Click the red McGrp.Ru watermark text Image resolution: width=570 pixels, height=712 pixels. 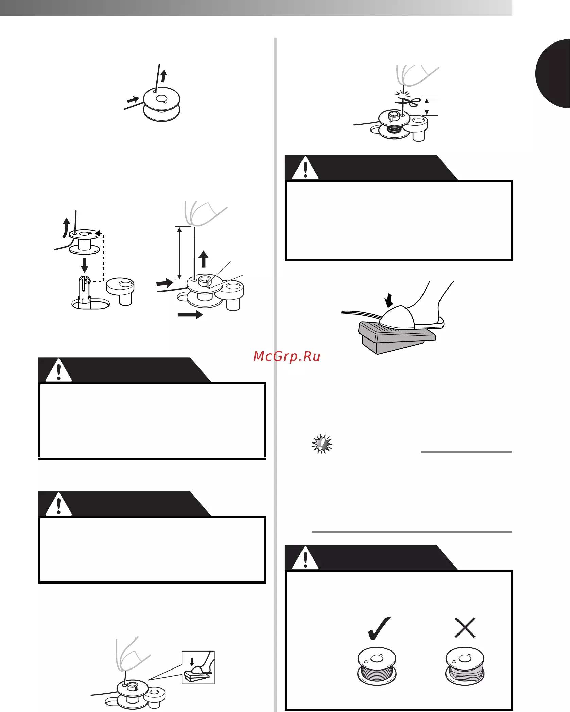287,356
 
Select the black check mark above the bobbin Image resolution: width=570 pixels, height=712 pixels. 379,628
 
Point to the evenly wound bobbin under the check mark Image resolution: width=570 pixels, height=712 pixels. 377,666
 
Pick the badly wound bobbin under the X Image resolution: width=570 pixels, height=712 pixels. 465,666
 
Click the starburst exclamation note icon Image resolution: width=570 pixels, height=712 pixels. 322,444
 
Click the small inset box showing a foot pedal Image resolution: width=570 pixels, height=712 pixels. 198,667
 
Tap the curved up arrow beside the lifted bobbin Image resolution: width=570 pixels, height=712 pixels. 66,227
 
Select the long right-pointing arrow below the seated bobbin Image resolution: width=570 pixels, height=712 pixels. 190,315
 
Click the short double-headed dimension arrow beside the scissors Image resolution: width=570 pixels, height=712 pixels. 427,106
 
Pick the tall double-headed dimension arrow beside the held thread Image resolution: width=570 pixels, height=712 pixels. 180,253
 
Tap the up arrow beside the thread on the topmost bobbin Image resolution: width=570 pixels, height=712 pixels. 164,76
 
